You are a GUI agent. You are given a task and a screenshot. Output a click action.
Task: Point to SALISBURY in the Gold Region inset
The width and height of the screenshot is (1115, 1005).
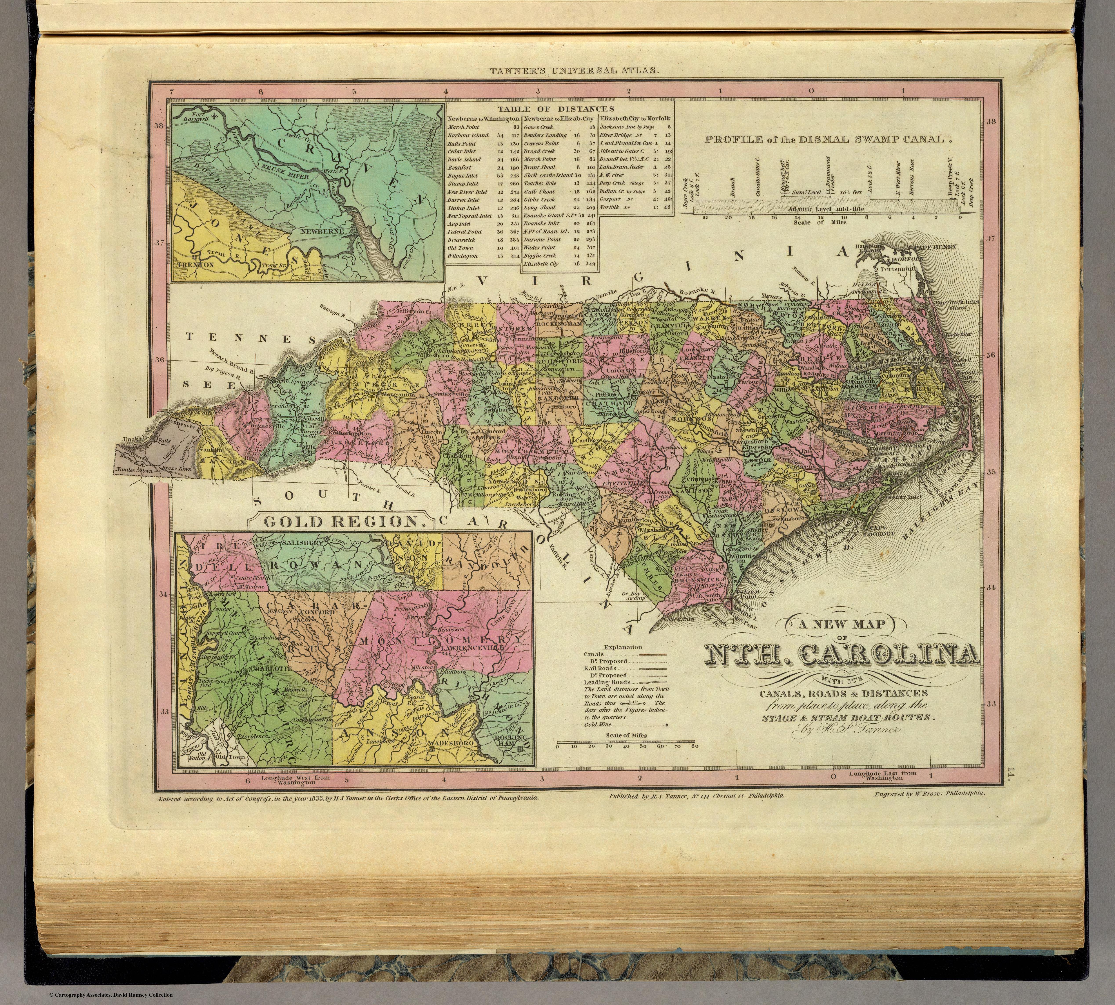pos(303,543)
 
